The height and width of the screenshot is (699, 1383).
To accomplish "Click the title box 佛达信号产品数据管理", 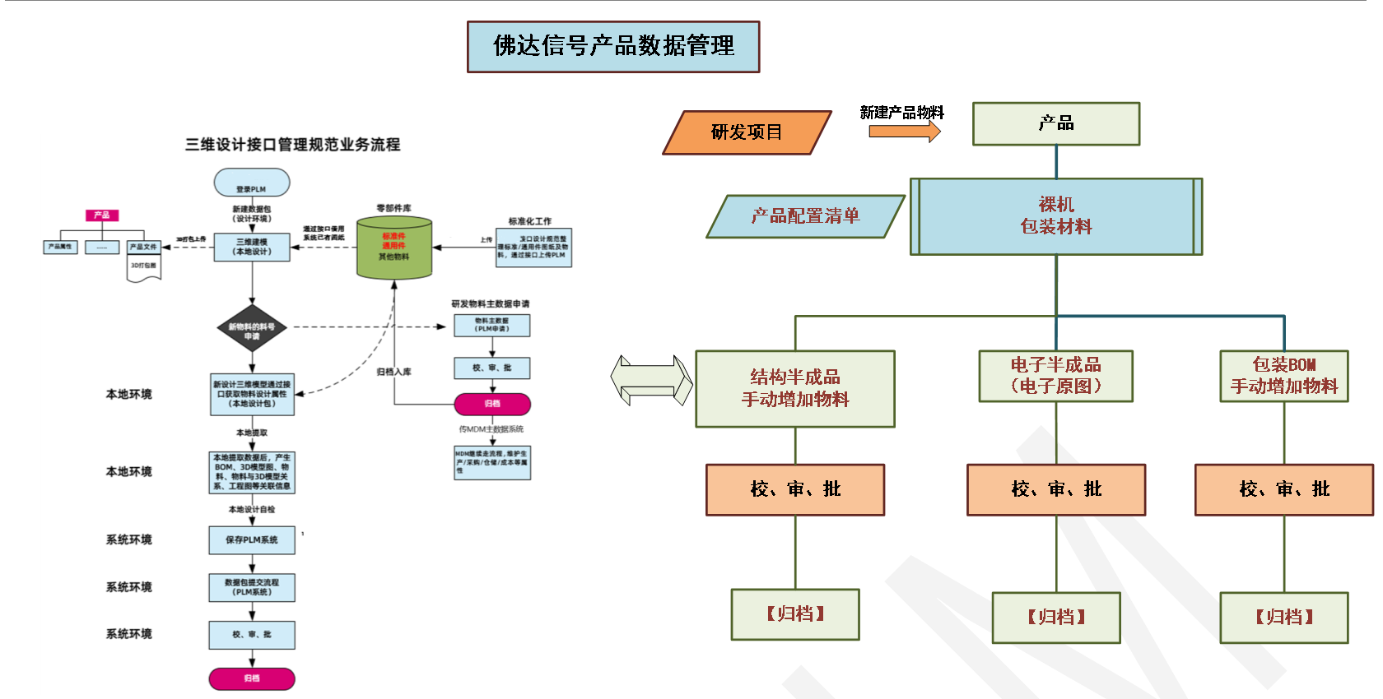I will [613, 47].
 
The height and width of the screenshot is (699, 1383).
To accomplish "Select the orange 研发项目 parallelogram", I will [747, 132].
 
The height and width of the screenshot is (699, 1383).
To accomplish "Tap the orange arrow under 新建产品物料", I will [904, 132].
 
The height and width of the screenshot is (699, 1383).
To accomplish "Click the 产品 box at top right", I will [1056, 124].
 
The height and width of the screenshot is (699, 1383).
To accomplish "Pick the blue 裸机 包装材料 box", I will [1056, 216].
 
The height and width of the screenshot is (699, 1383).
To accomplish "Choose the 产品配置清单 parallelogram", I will [805, 216].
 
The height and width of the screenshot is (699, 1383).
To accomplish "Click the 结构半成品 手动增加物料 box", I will [795, 389].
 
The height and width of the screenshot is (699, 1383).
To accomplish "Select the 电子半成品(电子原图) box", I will [1056, 376].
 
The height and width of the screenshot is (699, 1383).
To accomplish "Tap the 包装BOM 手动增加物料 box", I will [1284, 376].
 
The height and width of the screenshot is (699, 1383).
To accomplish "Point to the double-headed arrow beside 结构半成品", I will [651, 380].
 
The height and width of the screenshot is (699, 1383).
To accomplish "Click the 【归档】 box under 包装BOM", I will [1284, 618].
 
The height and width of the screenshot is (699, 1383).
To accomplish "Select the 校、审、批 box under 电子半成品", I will [1056, 490].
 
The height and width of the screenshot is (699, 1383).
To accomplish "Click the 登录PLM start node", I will [252, 183].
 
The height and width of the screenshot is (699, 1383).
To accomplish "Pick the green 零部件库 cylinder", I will [394, 248].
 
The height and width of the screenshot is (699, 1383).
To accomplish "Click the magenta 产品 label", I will [102, 215].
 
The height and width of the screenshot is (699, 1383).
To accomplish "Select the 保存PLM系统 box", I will [252, 540].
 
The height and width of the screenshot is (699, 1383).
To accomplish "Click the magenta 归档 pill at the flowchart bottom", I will [252, 678].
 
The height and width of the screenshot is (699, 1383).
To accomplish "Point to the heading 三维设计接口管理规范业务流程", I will [292, 145].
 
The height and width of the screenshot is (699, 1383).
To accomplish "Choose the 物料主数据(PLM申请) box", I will [492, 326].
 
